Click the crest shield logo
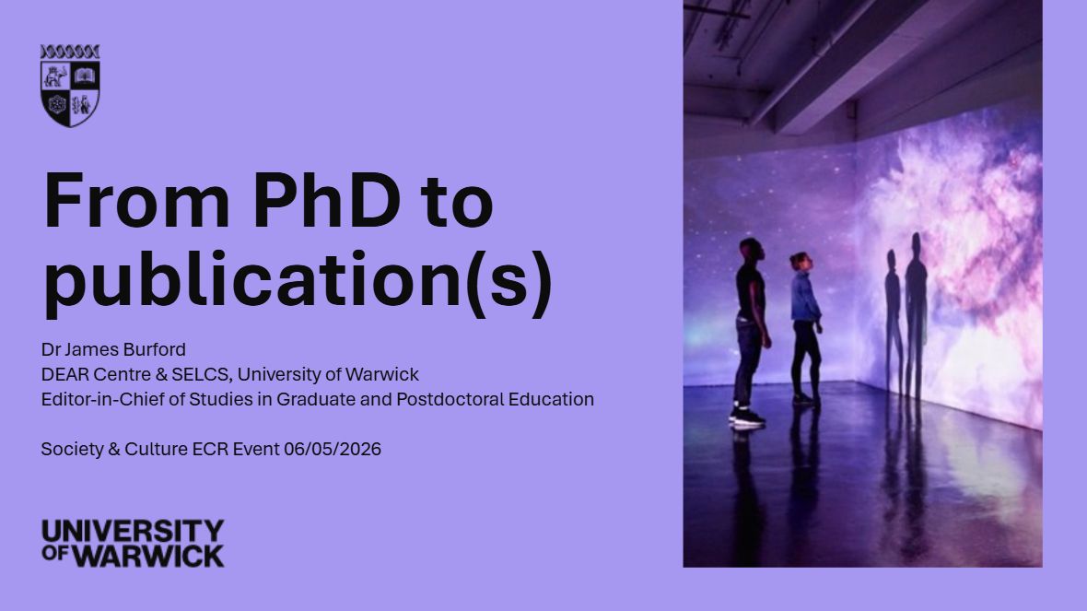coord(70,86)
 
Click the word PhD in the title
coord(326,200)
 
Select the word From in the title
coord(136,200)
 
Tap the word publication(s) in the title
coord(298,281)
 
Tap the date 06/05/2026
coord(332,450)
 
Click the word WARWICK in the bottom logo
coord(148,556)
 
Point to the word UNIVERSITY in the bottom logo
coord(133,531)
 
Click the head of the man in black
coord(751,250)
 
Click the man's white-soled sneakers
coord(747,417)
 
